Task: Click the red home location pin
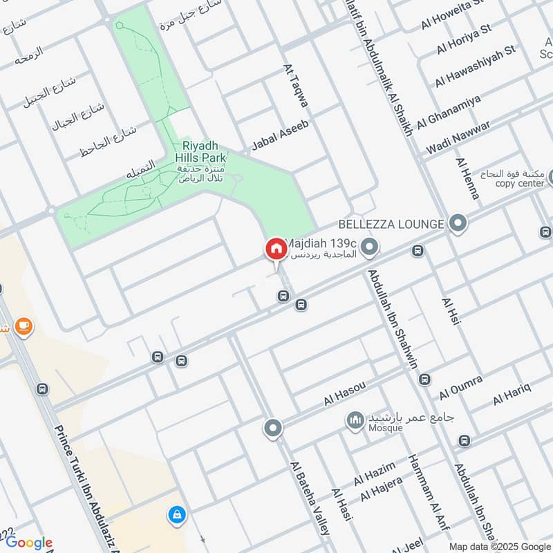point(275,249)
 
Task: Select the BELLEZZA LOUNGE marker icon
point(456,223)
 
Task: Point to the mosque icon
point(355,420)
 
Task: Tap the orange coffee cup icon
point(24,326)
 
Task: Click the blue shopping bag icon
point(176,514)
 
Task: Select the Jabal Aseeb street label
point(280,135)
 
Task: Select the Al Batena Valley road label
point(310,497)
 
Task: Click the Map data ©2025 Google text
point(497,546)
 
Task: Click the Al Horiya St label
point(463,39)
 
